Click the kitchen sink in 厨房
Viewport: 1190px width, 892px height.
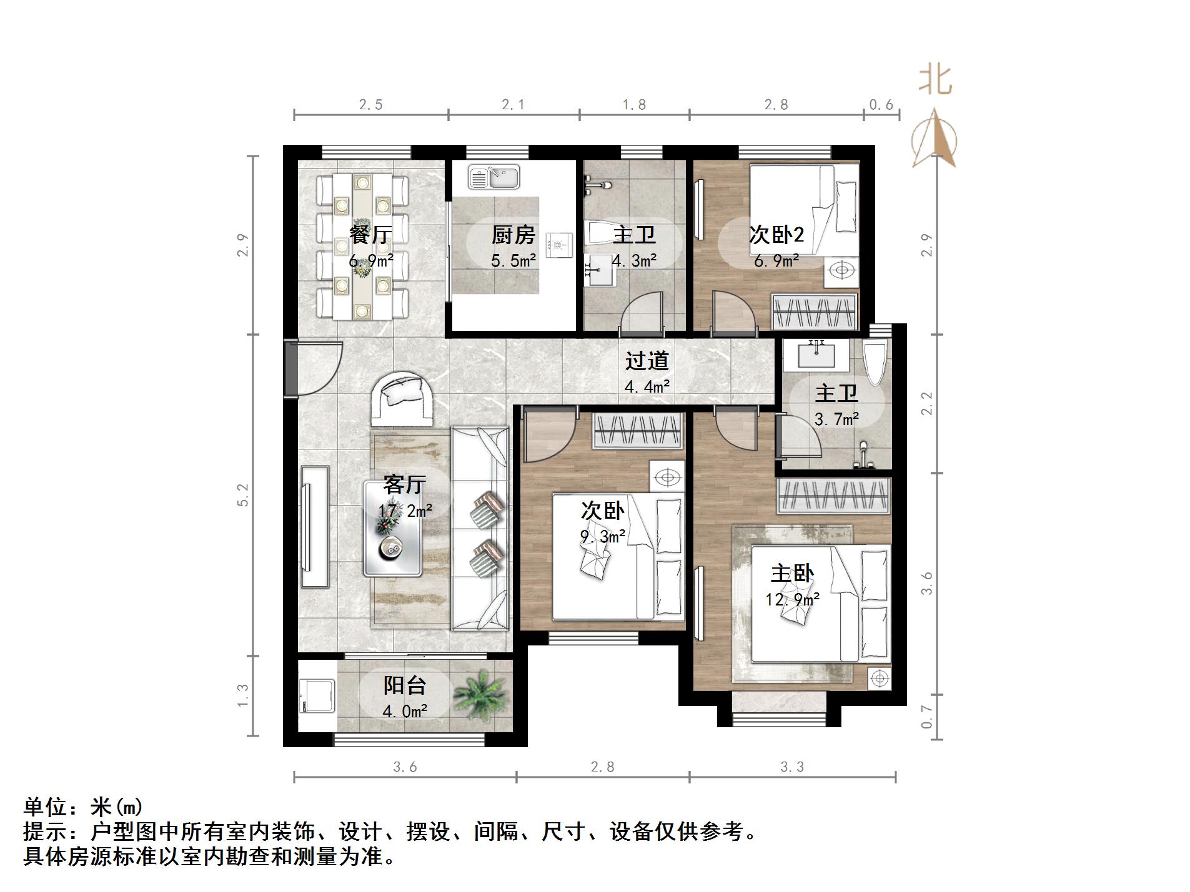click(x=493, y=177)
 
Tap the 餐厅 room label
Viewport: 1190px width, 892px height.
click(x=371, y=235)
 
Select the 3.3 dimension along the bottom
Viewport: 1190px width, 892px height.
click(x=791, y=767)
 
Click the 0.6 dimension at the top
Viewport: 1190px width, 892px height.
click(x=881, y=105)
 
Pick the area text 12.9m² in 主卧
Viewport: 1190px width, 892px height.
click(x=792, y=599)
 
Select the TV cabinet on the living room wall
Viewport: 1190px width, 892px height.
click(x=314, y=526)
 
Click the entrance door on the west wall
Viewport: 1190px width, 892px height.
click(x=290, y=368)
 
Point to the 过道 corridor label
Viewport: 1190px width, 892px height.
click(x=647, y=360)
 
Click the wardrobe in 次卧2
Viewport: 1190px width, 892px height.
click(x=813, y=310)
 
